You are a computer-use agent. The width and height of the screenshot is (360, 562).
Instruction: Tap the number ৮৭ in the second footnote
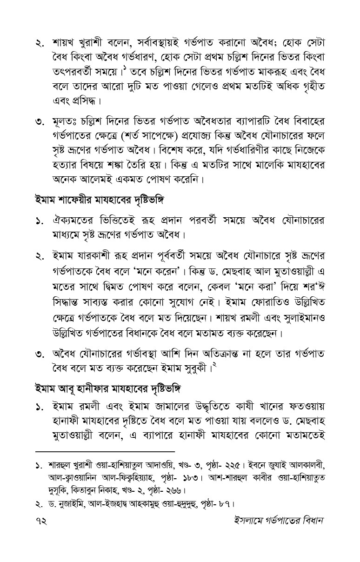pyautogui.click(x=224, y=503)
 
